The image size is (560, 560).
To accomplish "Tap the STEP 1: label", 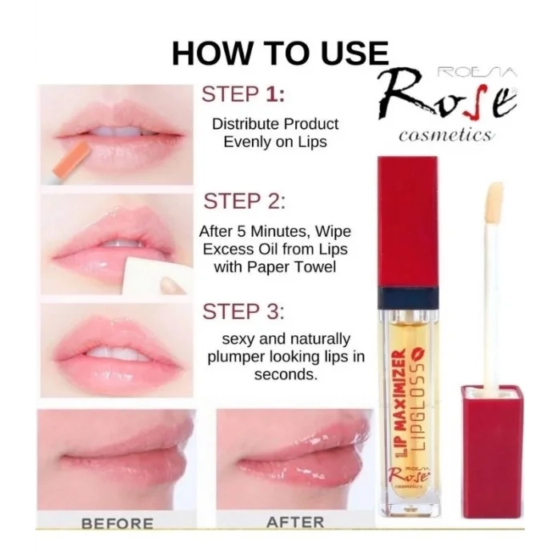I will pyautogui.click(x=243, y=94).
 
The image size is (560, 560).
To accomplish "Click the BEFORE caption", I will pyautogui.click(x=117, y=523).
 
